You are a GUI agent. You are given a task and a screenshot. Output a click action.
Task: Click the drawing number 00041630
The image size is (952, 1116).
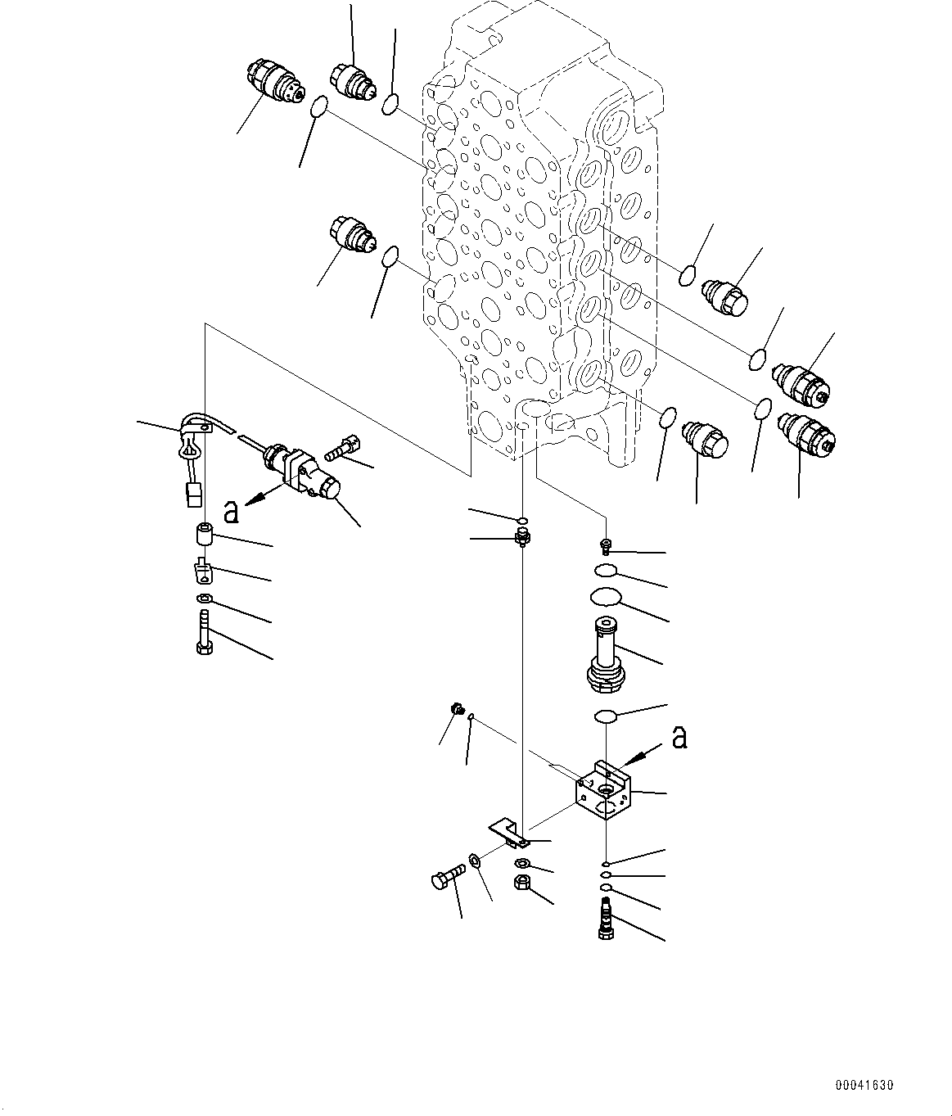coord(864,1086)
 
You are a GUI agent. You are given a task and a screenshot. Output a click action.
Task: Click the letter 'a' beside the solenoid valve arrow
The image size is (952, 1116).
coord(232,512)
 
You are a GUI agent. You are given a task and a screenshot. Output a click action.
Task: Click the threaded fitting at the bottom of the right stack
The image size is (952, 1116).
coord(607,918)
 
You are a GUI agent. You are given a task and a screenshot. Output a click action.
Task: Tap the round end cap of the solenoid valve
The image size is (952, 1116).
coord(330,489)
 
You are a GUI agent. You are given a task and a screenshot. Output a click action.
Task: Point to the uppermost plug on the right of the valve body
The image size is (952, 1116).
coord(724,295)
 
